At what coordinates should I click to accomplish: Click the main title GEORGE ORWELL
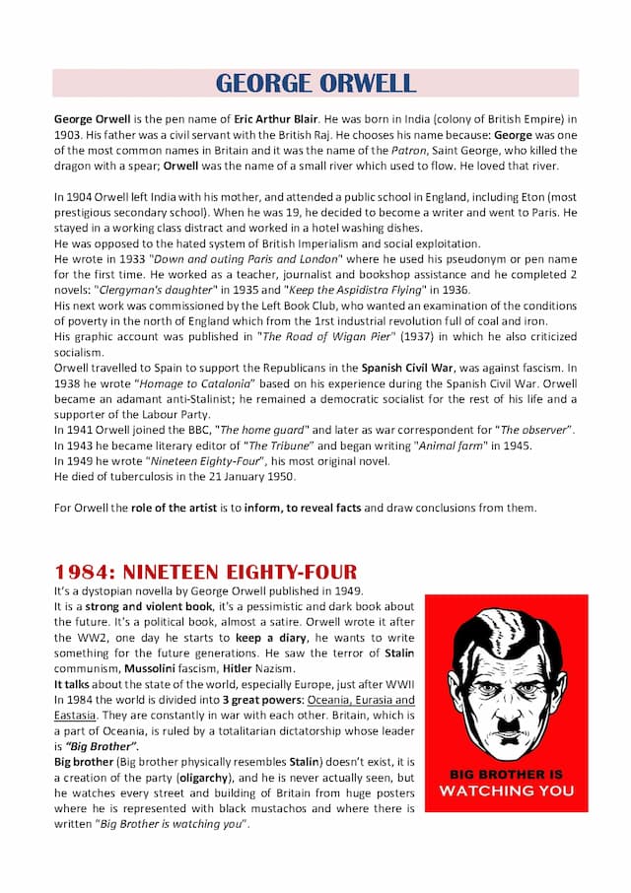(315, 83)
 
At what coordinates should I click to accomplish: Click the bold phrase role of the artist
(181, 509)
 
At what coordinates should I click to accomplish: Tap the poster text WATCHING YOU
(505, 790)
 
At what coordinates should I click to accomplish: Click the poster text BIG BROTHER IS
(505, 775)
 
